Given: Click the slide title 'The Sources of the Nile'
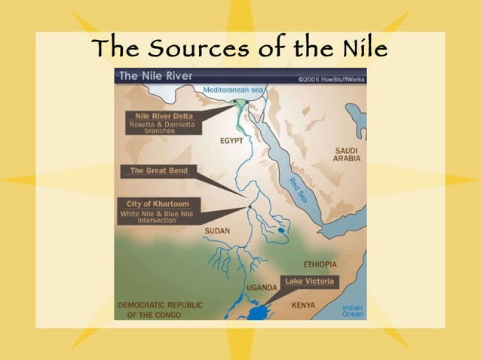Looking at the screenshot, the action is point(240,50).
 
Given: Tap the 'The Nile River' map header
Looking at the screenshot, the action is point(155,76).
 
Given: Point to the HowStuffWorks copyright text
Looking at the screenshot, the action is point(332,77).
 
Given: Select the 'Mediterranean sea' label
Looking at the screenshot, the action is point(232,90).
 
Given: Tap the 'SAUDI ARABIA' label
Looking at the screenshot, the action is point(347,154).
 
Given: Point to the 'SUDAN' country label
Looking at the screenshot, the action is point(216,230).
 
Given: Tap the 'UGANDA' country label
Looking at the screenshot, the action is point(263,288).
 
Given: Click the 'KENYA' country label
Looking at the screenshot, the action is point(303,305).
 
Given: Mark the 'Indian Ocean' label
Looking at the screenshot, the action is point(352,311).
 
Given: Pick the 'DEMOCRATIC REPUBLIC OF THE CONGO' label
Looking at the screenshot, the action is point(158,310).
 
